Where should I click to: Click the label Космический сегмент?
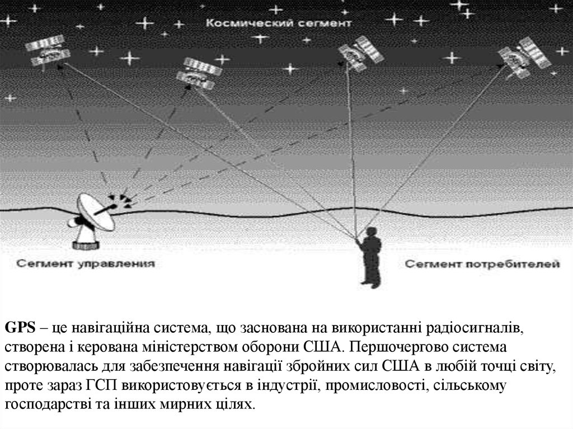278,23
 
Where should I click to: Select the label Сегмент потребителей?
482,262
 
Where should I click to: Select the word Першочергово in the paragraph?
386,347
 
